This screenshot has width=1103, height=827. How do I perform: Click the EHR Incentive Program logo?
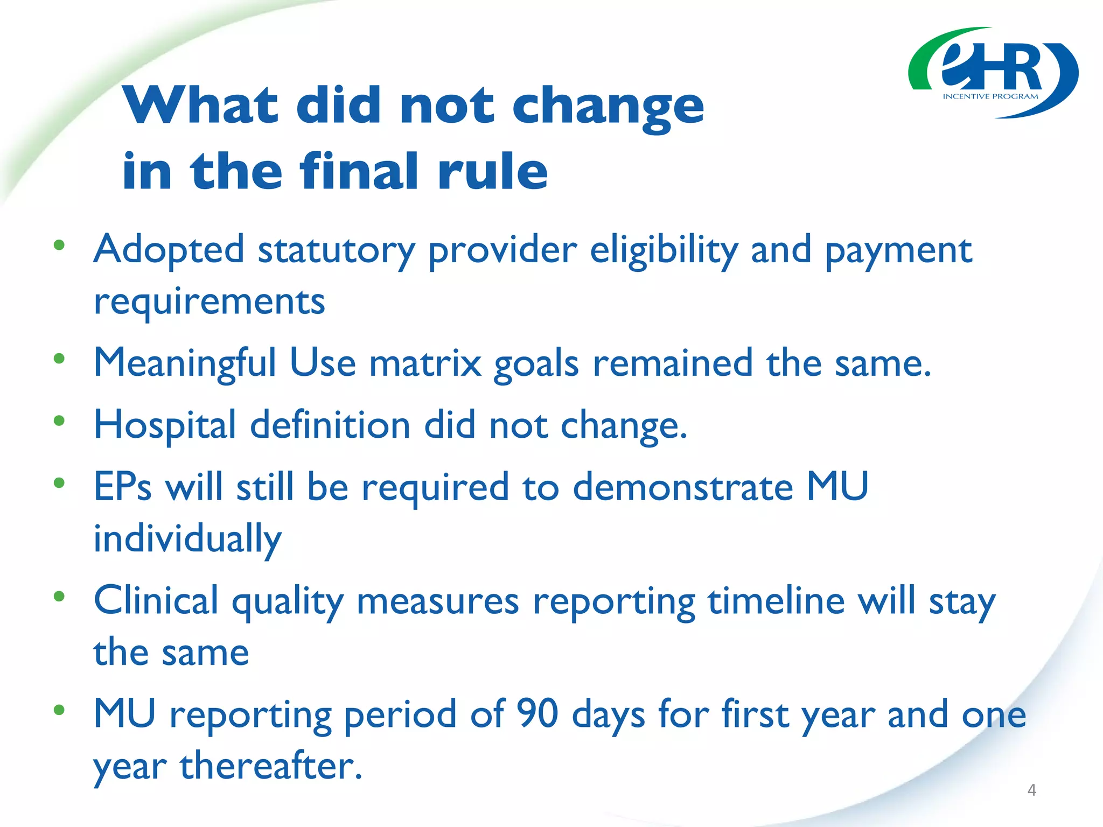(993, 73)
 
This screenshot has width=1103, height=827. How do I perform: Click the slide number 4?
(1031, 790)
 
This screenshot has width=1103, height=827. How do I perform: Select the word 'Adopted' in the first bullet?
(169, 250)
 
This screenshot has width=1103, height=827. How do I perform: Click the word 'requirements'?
(209, 302)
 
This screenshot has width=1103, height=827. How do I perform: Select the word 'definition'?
(330, 425)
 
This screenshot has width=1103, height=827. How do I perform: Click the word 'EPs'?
(122, 487)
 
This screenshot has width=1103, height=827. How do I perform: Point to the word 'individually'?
(187, 539)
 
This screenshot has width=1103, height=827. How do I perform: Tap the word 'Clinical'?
(156, 601)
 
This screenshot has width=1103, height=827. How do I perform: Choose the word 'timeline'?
(776, 601)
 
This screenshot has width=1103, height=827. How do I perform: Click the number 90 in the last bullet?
(537, 714)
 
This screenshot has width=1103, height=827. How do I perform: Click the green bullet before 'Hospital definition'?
(59, 420)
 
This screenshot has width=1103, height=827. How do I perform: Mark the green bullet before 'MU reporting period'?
(59, 710)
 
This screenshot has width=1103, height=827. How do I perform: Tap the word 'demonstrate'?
(682, 487)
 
